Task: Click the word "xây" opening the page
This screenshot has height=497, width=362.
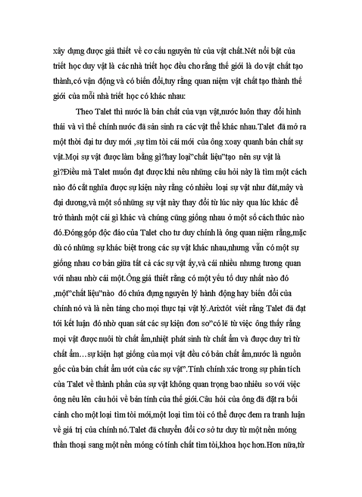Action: pyautogui.click(x=61, y=52)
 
